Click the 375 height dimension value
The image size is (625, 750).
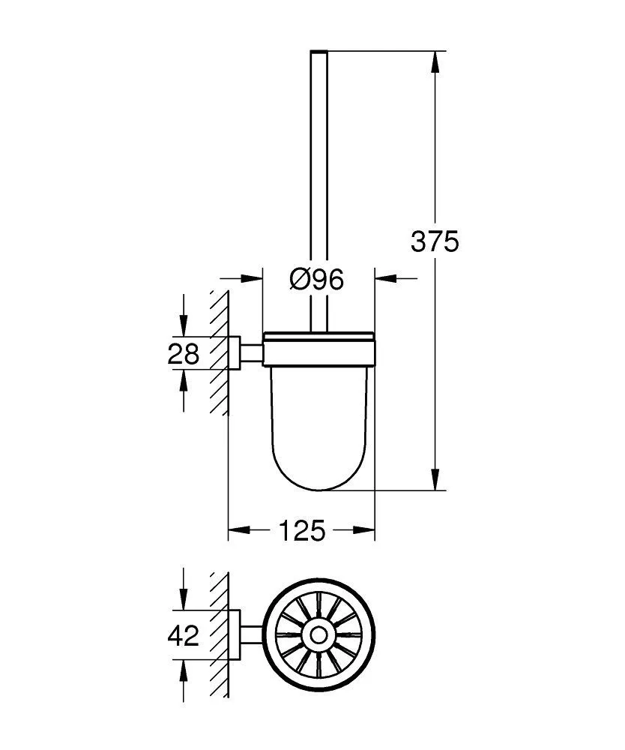(435, 241)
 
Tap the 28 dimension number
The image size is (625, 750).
(183, 353)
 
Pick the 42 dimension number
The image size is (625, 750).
(183, 637)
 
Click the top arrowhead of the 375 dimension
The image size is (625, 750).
(434, 61)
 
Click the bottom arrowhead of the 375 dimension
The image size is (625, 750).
(434, 480)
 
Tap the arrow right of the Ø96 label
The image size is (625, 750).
(384, 279)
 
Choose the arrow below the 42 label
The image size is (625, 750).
(183, 670)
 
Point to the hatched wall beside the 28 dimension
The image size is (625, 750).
(219, 353)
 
